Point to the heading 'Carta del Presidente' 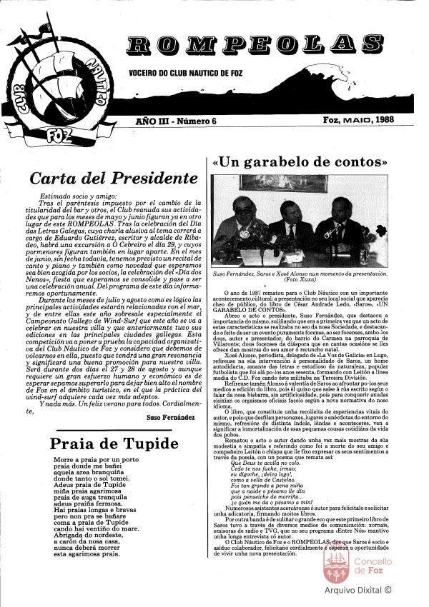pyautogui.click(x=104, y=176)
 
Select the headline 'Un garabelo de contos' pyautogui.click(x=300, y=162)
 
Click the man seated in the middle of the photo pyautogui.click(x=290, y=229)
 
